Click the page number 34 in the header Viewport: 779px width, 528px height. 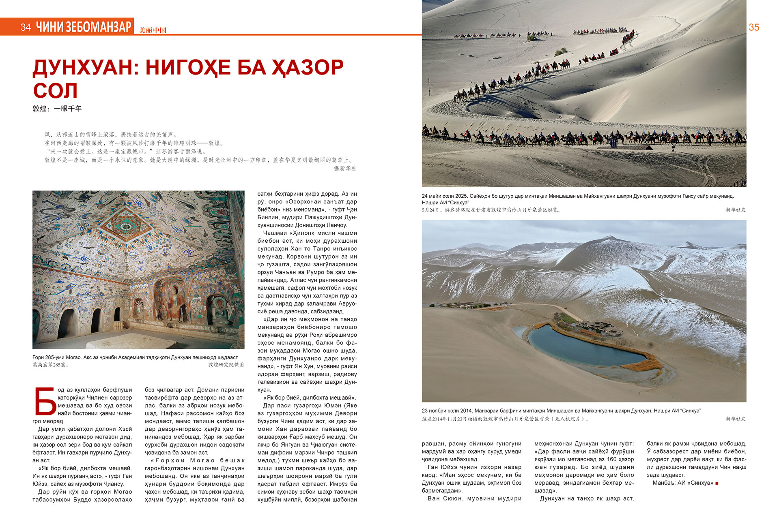coord(26,27)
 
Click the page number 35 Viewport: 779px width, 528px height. coord(754,27)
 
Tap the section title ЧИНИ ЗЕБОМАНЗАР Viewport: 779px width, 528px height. coord(84,27)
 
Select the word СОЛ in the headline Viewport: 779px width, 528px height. coord(55,91)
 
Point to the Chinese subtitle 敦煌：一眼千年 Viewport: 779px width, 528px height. coord(57,109)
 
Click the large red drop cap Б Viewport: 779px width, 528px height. coord(45,402)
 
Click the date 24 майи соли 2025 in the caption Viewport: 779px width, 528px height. coord(444,196)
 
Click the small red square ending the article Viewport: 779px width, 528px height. coord(717,483)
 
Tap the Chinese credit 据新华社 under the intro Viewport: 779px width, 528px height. coord(345,168)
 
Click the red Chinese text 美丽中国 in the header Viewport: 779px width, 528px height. coord(153,30)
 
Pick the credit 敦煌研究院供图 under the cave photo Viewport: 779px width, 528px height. coord(226,365)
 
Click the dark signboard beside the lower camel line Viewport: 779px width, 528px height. coord(613,141)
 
